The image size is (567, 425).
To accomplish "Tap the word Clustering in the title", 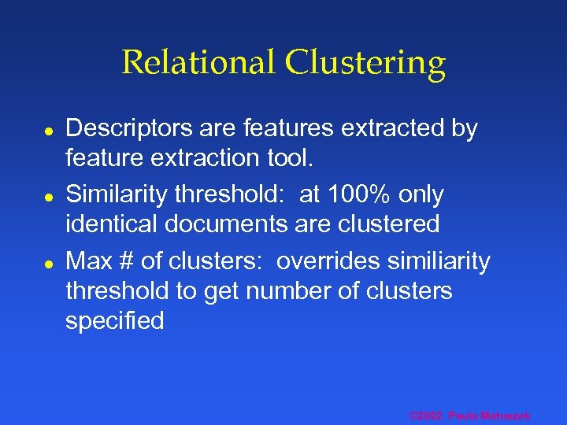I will pos(365,63).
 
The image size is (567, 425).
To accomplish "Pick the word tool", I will pos(291,160).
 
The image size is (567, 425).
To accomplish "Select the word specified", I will pos(115,321).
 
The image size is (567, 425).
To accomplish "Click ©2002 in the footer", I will pos(426,415).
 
